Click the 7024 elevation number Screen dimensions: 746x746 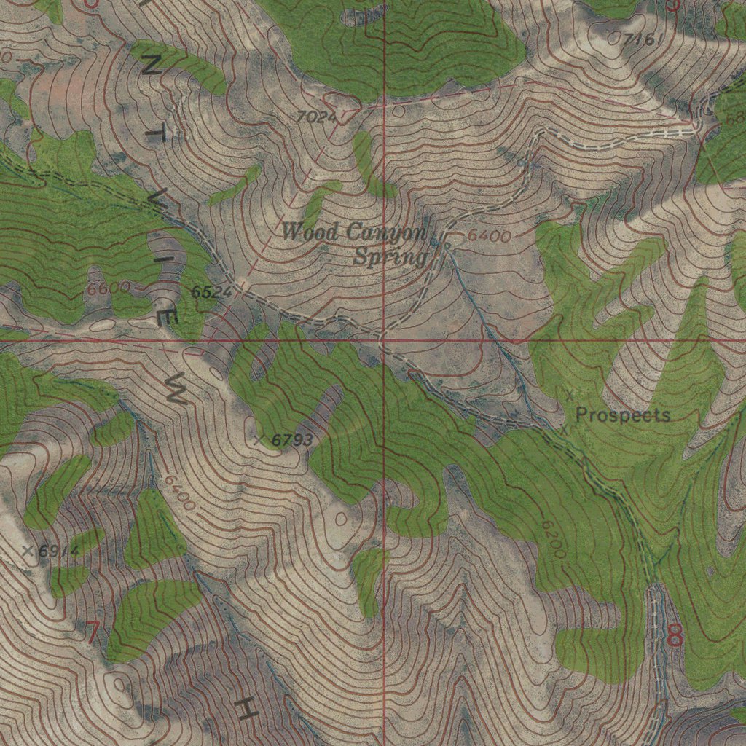(x=317, y=116)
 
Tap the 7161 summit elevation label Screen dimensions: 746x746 (x=643, y=39)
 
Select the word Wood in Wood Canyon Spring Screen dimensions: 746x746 (x=310, y=233)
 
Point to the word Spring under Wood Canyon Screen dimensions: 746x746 (x=390, y=256)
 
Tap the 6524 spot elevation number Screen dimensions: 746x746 (x=211, y=292)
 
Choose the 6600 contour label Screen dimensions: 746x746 (x=108, y=288)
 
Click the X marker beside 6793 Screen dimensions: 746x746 (x=259, y=439)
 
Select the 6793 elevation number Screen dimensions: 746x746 (x=292, y=439)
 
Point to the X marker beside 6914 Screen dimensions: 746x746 (x=28, y=550)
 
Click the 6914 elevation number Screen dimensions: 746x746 (x=58, y=551)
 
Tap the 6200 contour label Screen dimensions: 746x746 (x=554, y=540)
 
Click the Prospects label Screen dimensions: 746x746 (x=623, y=415)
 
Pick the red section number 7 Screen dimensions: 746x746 (x=93, y=631)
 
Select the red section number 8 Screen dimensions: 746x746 (x=675, y=635)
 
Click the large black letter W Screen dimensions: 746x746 (x=177, y=390)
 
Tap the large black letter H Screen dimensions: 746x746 (x=246, y=709)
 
